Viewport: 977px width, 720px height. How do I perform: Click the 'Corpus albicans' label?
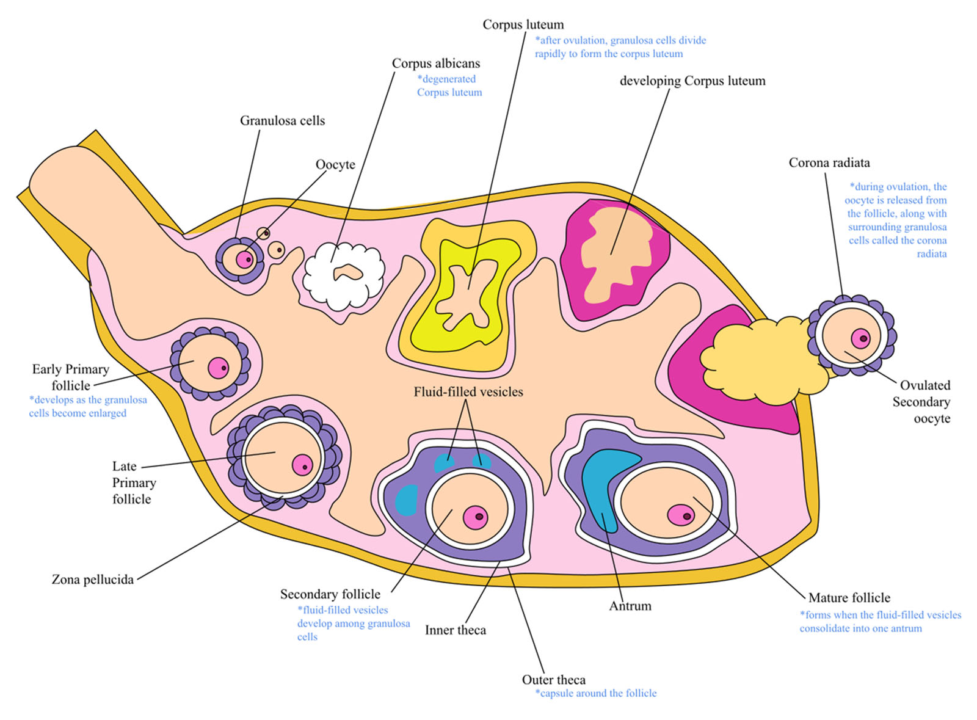[435, 64]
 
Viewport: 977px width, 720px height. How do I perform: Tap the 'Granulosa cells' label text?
[282, 121]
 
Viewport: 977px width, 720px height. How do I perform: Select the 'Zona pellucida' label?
[92, 580]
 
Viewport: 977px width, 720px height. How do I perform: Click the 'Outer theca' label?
[553, 680]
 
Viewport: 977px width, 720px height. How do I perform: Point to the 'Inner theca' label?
[456, 630]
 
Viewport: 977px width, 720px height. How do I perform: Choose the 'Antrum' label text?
[630, 606]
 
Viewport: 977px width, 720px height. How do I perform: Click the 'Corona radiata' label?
[829, 163]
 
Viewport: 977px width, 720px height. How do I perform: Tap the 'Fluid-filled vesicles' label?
[468, 392]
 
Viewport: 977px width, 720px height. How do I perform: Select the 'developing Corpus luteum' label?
[692, 81]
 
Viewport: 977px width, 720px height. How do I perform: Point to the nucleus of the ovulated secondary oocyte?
[861, 338]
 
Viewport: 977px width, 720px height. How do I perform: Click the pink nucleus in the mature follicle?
[680, 515]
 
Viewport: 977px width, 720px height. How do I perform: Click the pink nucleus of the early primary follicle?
[218, 368]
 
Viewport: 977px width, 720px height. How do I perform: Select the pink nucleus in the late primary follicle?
[302, 465]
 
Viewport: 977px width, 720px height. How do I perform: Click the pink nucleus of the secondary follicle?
[475, 517]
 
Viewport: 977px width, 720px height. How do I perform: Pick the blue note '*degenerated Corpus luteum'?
[449, 85]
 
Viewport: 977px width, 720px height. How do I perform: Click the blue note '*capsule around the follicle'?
[596, 693]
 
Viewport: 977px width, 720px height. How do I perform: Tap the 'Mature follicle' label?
[849, 598]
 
